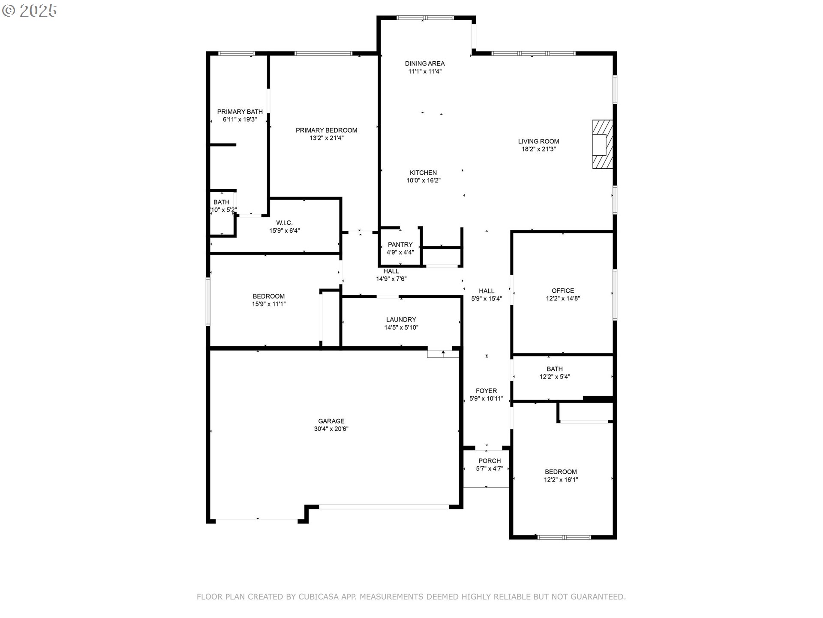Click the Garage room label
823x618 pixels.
click(331, 421)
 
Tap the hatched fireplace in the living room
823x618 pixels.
click(602, 144)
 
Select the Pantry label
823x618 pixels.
click(400, 245)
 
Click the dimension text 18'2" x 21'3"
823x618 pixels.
click(538, 149)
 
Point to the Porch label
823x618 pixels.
click(489, 461)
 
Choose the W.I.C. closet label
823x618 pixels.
click(284, 223)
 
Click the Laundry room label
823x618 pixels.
click(401, 319)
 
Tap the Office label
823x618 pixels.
click(562, 291)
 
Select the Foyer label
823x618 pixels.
click(486, 391)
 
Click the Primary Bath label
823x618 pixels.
click(240, 112)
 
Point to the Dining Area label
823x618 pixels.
click(424, 64)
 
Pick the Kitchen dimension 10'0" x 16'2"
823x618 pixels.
click(424, 181)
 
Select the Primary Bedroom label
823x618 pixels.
click(326, 130)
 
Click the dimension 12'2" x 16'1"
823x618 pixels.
click(561, 480)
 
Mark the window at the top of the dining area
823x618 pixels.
click(425, 18)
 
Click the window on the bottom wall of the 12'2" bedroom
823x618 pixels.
click(564, 537)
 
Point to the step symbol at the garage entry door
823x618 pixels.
click(443, 354)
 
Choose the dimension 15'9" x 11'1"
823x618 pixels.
click(268, 304)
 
